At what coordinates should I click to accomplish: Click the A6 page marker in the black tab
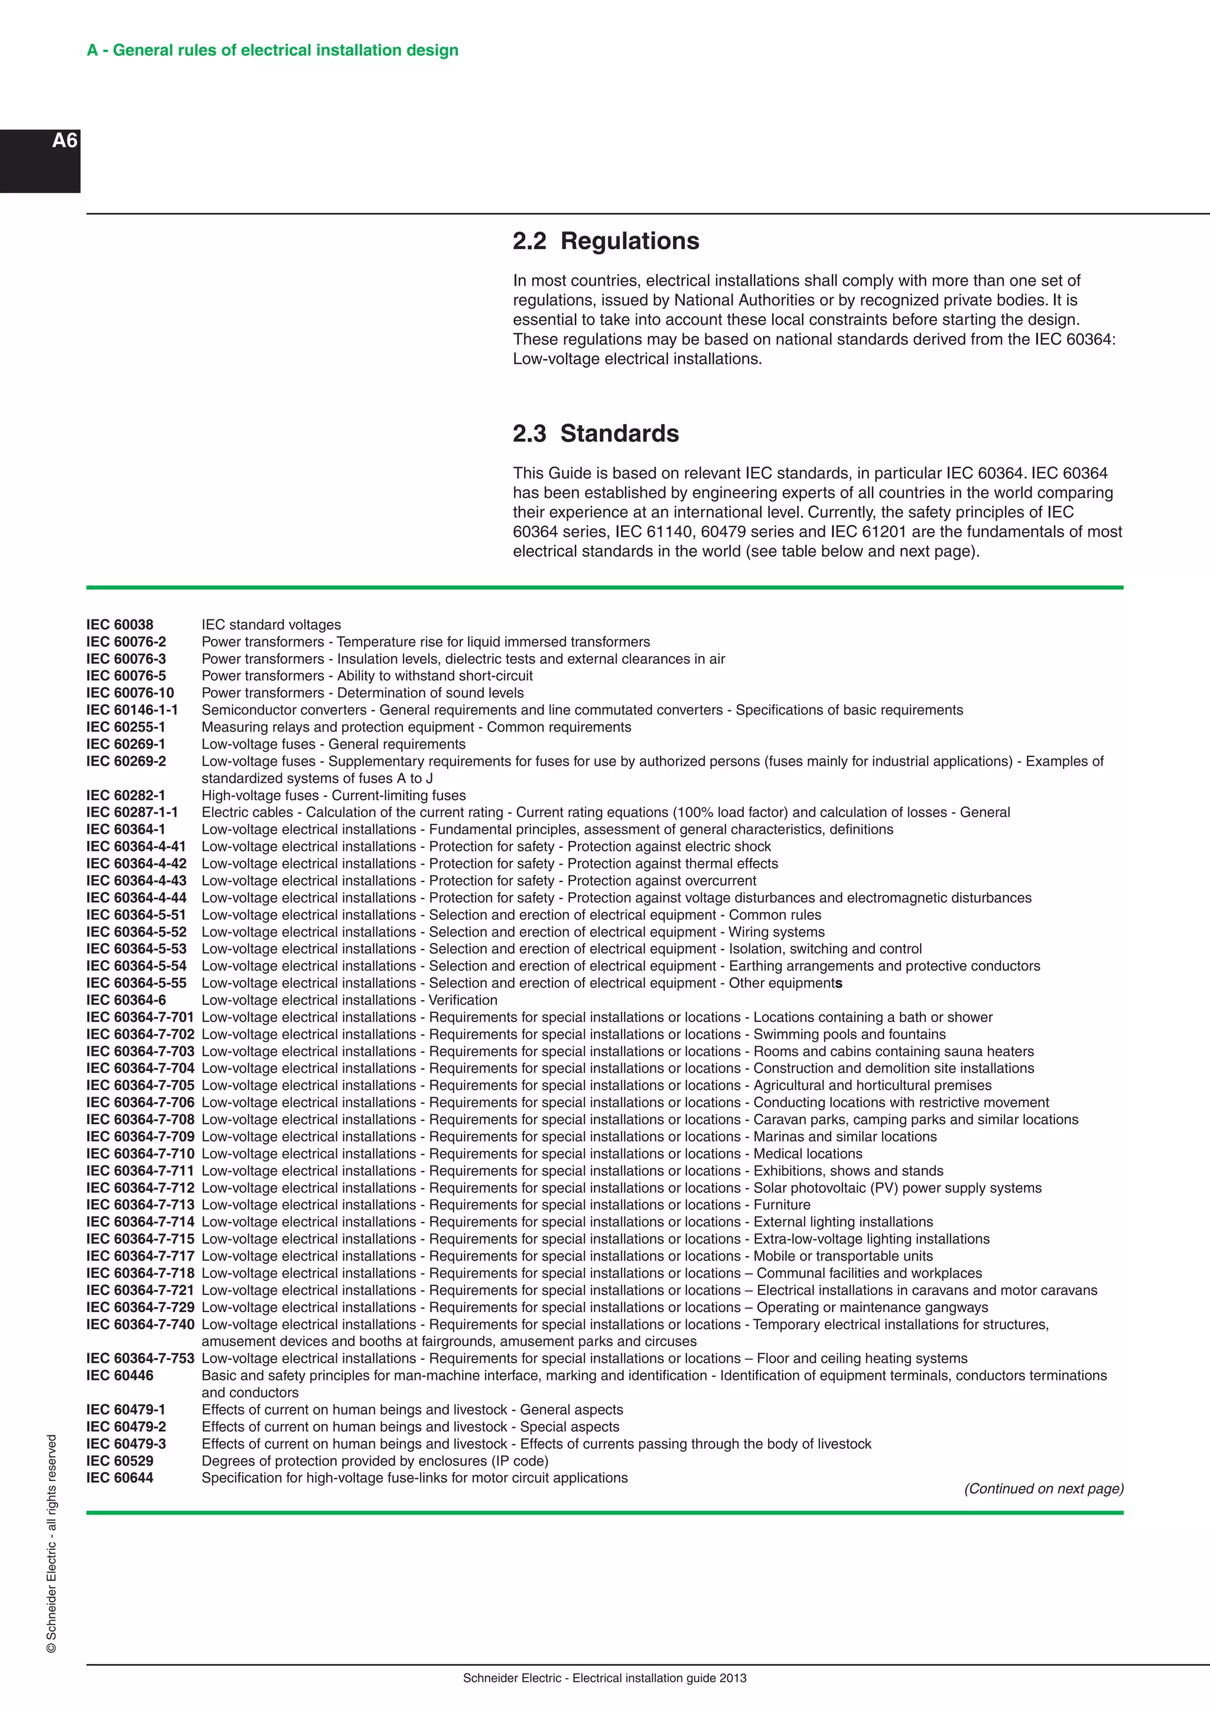tap(65, 141)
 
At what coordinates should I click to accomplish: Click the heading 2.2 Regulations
tap(605, 242)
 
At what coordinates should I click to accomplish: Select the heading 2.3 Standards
tap(596, 433)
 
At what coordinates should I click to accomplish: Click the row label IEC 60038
tap(119, 625)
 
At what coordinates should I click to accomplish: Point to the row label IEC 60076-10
tap(129, 693)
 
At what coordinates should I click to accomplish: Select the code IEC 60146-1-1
tap(132, 710)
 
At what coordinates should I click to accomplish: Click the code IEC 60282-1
tap(125, 795)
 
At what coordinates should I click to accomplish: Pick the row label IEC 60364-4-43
tap(136, 880)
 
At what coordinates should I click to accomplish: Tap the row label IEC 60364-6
tap(125, 1000)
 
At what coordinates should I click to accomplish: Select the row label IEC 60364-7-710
tap(140, 1154)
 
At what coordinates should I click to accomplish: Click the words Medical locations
tap(808, 1154)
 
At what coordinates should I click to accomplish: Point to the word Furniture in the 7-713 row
tap(782, 1205)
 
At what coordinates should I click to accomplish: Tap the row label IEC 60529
tap(119, 1460)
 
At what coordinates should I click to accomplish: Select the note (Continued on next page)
tap(1043, 1489)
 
